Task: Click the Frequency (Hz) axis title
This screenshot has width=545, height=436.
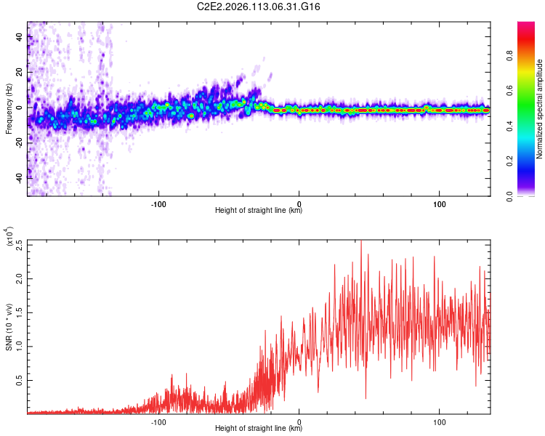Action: pyautogui.click(x=9, y=109)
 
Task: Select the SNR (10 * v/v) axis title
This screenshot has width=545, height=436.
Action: pyautogui.click(x=9, y=326)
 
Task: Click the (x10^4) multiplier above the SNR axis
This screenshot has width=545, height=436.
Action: pyautogui.click(x=9, y=238)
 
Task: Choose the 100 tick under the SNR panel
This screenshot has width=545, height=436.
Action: pyautogui.click(x=440, y=421)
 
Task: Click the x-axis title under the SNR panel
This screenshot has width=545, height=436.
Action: pyautogui.click(x=259, y=429)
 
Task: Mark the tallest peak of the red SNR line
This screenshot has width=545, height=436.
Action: pyautogui.click(x=361, y=242)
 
